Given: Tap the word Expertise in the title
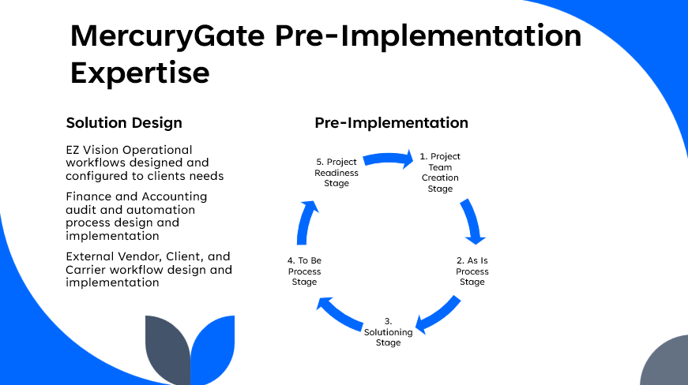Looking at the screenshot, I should (x=140, y=73).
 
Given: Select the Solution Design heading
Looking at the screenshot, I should (x=124, y=123).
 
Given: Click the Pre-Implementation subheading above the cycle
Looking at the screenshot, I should (x=391, y=123).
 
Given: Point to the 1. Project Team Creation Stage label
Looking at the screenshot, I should (x=440, y=172).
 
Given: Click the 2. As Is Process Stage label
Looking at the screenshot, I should (x=472, y=271).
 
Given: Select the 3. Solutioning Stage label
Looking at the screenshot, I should (x=388, y=332).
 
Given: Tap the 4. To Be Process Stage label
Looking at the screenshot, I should (x=304, y=271).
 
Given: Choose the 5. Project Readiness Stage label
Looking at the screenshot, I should (x=336, y=172).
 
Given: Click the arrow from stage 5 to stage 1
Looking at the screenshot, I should (x=388, y=159).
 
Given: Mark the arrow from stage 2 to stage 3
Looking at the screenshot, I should (x=438, y=313).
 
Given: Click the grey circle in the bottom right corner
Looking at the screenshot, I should (x=668, y=364).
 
